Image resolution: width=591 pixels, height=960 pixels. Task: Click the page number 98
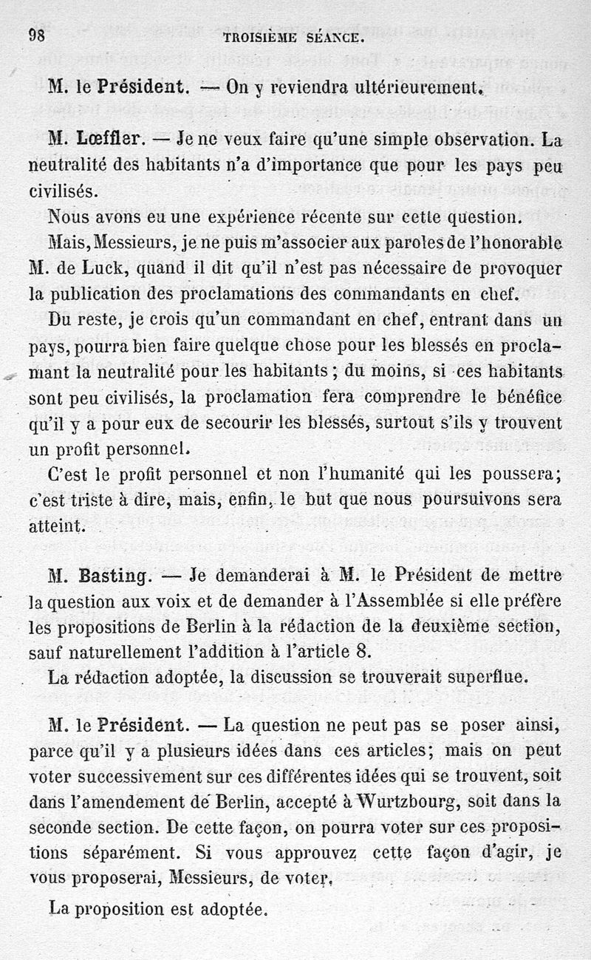pyautogui.click(x=38, y=35)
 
